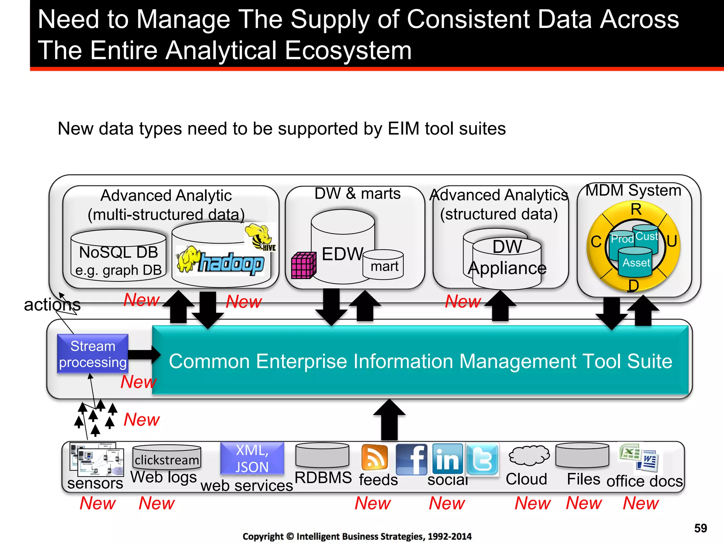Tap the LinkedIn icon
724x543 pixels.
447,459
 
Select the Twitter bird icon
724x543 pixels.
482,459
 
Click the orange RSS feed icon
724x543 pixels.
374,457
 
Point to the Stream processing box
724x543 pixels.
93,354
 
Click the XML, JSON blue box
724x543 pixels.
252,458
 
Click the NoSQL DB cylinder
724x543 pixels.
118,256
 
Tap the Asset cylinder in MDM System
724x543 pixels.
635,262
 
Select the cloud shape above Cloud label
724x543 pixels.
529,455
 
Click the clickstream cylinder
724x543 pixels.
167,457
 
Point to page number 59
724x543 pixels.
700,528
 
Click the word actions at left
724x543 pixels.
52,305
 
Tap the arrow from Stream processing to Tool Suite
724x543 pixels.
144,355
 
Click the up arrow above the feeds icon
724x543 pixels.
389,420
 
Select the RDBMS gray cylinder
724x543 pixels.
322,455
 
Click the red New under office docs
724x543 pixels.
641,503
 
